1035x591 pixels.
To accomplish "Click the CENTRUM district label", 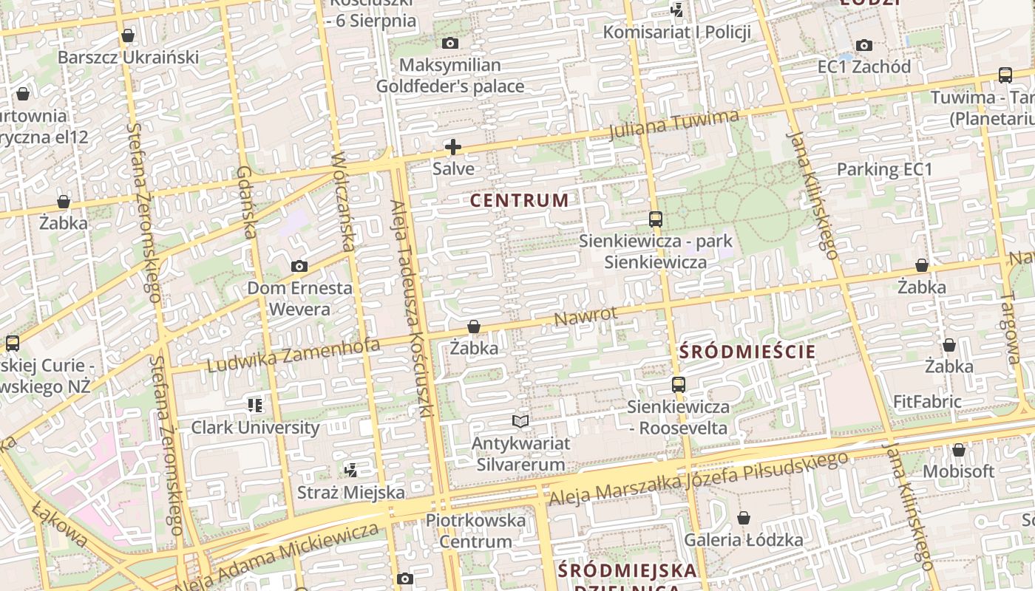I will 520,200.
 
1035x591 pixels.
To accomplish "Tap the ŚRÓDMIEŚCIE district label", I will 747,352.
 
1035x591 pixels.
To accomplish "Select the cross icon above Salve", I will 453,147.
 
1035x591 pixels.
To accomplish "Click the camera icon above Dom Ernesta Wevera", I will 299,267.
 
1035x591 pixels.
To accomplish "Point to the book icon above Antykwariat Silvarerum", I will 521,422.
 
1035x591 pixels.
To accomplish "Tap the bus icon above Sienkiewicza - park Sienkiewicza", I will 655,219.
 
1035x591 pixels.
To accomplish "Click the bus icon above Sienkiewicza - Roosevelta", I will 678,385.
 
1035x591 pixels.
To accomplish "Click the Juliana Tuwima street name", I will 673,124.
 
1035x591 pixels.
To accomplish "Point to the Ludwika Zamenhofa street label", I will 293,355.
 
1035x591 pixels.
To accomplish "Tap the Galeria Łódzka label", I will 743,540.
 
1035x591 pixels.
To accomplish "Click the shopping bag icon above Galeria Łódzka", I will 744,519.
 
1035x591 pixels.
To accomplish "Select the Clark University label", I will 256,428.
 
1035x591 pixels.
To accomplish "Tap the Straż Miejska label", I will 351,492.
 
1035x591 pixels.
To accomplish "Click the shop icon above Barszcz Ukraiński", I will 128,35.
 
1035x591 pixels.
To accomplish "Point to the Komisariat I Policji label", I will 677,33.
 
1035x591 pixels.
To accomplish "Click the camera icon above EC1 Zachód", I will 863,46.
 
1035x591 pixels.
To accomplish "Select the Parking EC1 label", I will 884,169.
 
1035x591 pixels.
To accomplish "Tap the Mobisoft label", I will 958,471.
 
